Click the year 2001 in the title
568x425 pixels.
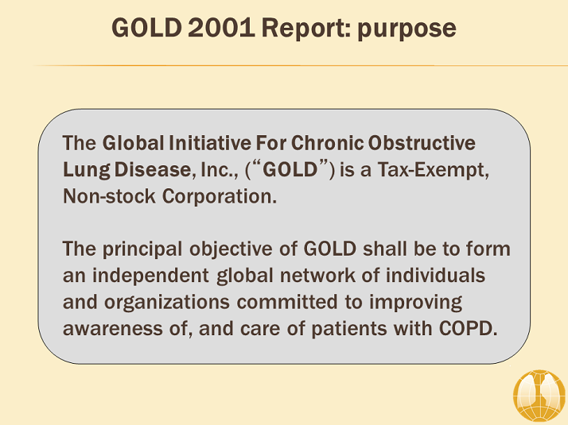pyautogui.click(x=221, y=28)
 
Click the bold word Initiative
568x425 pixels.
pyautogui.click(x=210, y=143)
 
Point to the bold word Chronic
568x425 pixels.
pyautogui.click(x=328, y=143)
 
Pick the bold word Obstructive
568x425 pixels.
pyautogui.click(x=422, y=143)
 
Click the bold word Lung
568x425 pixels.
pyautogui.click(x=87, y=170)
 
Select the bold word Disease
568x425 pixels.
pyautogui.click(x=153, y=169)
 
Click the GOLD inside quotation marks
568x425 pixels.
pyautogui.click(x=290, y=170)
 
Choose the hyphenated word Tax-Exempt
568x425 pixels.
pyautogui.click(x=434, y=170)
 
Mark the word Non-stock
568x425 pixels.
pyautogui.click(x=110, y=196)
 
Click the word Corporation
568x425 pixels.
pyautogui.click(x=219, y=197)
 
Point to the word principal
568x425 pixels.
pyautogui.click(x=142, y=249)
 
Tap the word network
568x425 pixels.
pyautogui.click(x=317, y=276)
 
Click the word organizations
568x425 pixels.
pyautogui.click(x=167, y=303)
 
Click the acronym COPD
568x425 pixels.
pyautogui.click(x=468, y=329)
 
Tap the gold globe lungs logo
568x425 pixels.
pyautogui.click(x=539, y=396)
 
